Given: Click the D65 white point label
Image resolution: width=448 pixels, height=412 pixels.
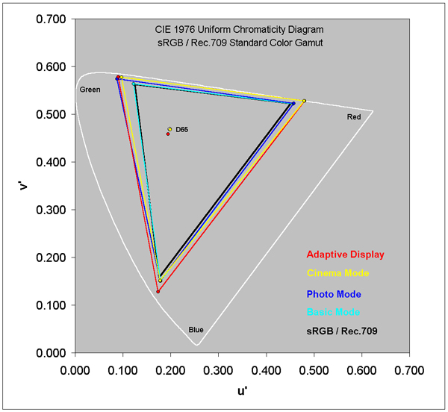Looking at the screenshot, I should tap(182, 130).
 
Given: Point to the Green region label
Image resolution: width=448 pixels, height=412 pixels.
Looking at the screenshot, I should tap(90, 90).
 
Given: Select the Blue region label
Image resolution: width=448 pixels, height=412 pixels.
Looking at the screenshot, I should tap(196, 330).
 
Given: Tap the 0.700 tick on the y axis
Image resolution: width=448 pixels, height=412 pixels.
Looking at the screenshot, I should tap(49, 19).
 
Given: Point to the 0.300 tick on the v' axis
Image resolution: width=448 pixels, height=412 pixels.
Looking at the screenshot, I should tap(49, 210).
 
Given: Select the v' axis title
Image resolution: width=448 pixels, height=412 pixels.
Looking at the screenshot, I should tap(23, 185).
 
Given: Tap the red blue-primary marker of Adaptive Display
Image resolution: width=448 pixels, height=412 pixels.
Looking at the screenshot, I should tap(158, 291).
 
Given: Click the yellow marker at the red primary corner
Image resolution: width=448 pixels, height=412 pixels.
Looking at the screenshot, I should tap(304, 101).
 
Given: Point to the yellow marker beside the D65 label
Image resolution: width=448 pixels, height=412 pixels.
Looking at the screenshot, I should tap(170, 129).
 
